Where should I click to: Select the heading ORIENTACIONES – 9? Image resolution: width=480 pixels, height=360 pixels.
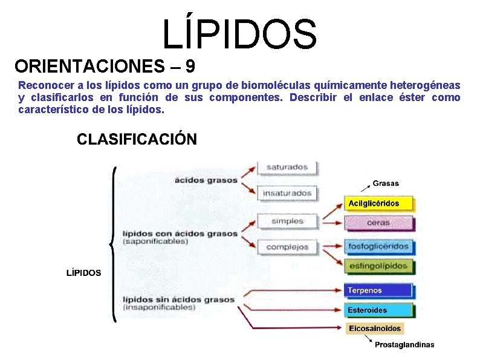coord(105,65)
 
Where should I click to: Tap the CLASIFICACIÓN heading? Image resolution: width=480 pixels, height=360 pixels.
coord(137,139)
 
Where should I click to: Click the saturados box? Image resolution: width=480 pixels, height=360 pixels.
coord(288,167)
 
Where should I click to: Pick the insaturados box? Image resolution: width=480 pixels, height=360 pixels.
coord(288,194)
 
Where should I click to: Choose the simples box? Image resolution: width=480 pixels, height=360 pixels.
coord(288,221)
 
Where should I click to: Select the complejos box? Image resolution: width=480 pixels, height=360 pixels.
coord(288,247)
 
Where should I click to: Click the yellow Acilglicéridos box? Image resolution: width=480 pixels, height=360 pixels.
coord(379,203)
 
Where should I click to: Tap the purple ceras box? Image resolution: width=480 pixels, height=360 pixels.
coord(379,223)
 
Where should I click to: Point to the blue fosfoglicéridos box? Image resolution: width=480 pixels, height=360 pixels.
coord(379,246)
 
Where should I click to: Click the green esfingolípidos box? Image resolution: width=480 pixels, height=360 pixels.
coord(379,265)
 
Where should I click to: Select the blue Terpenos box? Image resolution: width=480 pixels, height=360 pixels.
coord(379,290)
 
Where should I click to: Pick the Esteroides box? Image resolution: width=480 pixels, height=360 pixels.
coord(379,310)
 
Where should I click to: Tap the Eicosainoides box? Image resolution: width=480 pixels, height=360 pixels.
coord(375,329)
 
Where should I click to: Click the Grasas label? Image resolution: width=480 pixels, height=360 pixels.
coord(386,183)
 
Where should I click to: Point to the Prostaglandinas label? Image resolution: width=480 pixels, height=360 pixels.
coord(404,345)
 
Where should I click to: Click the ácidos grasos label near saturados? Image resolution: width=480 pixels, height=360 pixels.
coord(206,180)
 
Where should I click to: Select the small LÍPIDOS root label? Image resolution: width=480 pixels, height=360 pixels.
coord(83,273)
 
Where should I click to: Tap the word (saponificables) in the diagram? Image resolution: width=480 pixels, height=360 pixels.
coord(155,241)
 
